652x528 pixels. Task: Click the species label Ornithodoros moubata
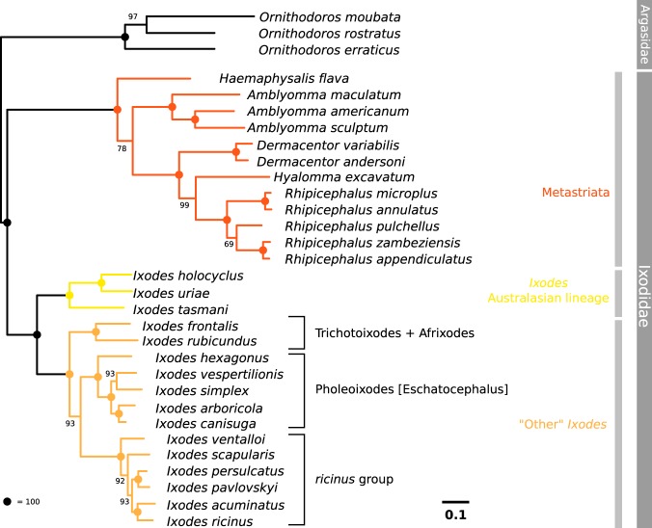[317, 16]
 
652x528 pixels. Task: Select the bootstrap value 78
[122, 149]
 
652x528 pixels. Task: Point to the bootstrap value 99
[184, 204]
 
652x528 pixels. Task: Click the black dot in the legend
[9, 501]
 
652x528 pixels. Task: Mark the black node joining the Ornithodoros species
[124, 37]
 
